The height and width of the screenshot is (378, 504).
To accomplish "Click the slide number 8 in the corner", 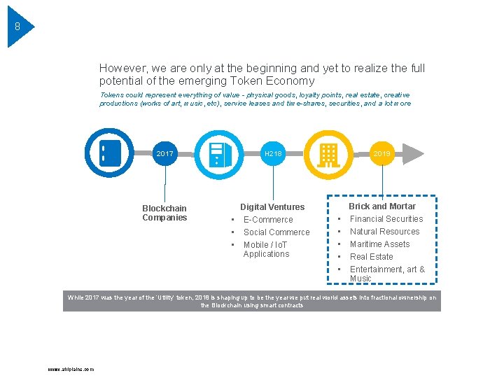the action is pos(17,27).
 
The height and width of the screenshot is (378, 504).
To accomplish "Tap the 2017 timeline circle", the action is pos(165,153).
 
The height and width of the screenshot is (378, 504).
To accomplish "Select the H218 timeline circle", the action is pos(272,153).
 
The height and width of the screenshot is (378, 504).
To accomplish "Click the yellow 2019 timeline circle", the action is pos(382,153).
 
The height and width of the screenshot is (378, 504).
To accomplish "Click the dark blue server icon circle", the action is pos(108,153).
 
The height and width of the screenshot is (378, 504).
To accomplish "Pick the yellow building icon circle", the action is pos(327,153).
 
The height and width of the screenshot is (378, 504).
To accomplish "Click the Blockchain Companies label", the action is pos(164,213).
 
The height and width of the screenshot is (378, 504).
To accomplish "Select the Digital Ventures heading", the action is pos(272,207).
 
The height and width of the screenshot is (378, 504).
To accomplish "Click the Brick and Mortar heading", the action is pos(382,206).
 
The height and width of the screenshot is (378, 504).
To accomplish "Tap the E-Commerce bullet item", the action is pos(268,220).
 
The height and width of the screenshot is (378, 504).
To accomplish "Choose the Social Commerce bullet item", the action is pos(276,232).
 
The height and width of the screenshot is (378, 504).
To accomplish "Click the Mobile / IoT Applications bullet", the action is pos(266,249).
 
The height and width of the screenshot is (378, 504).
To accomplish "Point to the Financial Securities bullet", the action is pos(386,219).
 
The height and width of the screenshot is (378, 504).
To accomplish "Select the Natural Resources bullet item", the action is pos(384,232).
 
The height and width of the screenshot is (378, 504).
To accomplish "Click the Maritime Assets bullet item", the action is pos(379,244).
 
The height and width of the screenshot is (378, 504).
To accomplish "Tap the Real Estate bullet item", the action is pos(371,257).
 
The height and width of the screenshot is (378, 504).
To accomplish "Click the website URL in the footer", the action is pos(71,369).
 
